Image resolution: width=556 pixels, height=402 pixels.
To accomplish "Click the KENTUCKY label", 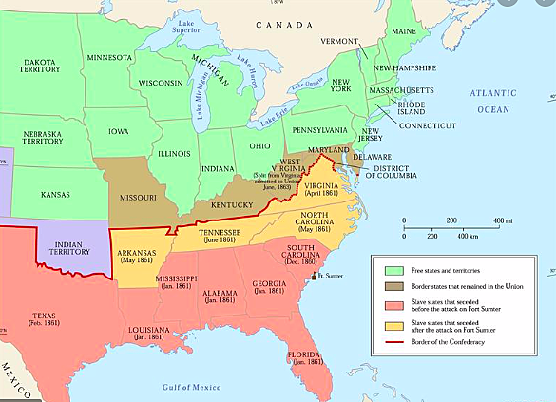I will click(x=230, y=204).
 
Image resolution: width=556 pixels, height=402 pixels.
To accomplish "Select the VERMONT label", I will click(x=339, y=42).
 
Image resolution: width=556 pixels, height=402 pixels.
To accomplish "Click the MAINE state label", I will click(x=404, y=31).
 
